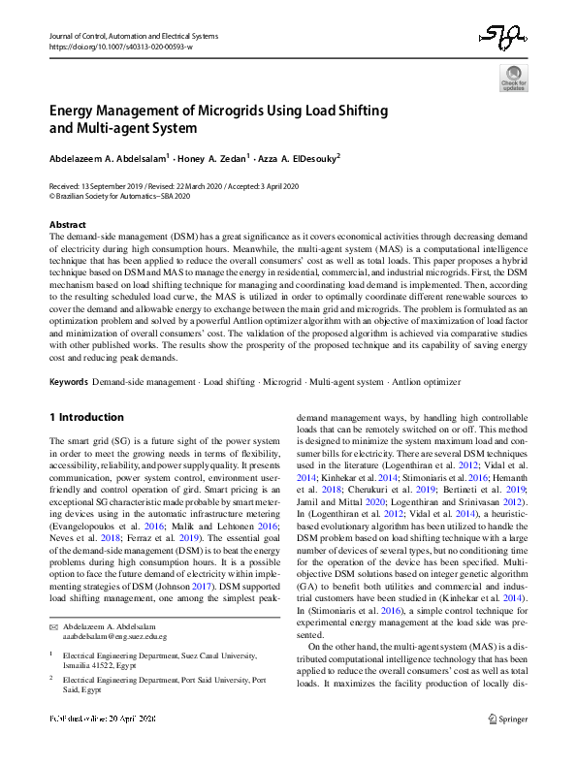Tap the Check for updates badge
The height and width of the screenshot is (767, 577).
coord(513,78)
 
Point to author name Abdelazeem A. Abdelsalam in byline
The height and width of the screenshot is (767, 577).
coord(108,157)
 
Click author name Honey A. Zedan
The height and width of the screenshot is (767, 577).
coord(214,157)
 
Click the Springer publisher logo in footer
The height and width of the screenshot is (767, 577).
coord(511,746)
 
